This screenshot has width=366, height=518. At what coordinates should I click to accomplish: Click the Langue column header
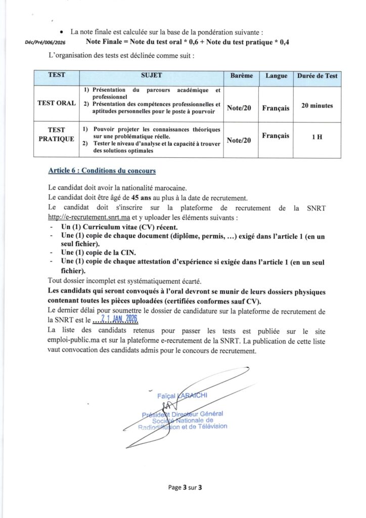coord(276,76)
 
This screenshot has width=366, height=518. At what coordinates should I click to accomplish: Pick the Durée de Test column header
coord(317,76)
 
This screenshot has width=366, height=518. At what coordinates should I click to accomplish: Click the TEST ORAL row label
coord(57,103)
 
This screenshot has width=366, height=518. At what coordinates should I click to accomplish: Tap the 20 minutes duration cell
coord(317,106)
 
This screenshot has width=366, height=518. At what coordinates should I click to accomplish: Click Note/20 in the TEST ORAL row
coord(239,108)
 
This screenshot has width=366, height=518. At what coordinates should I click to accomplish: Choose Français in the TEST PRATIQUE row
coord(276,136)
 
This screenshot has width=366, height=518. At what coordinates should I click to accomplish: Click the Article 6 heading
coord(102,170)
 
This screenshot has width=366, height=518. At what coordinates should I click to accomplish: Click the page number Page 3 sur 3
coord(185,488)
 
